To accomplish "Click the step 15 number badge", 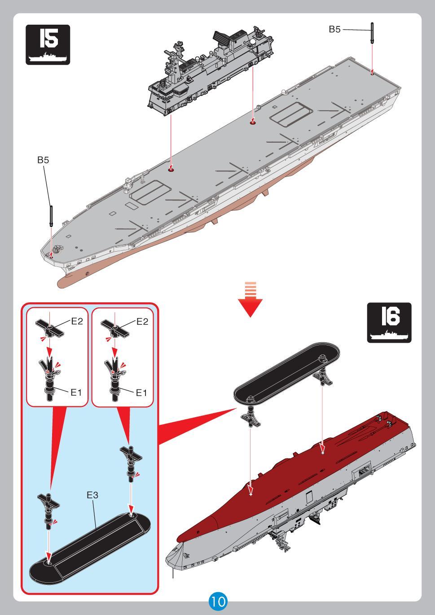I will click(x=48, y=45).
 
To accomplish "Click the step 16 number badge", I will click(x=389, y=322).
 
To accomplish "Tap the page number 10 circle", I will click(x=218, y=601).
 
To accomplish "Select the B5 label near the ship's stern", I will click(x=334, y=30).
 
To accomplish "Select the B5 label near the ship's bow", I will click(x=43, y=160).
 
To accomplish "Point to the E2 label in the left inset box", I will click(x=77, y=321).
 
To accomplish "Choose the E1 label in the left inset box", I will click(x=76, y=393).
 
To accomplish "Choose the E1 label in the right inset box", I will click(x=142, y=393).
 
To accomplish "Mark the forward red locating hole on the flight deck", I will click(x=171, y=170).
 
